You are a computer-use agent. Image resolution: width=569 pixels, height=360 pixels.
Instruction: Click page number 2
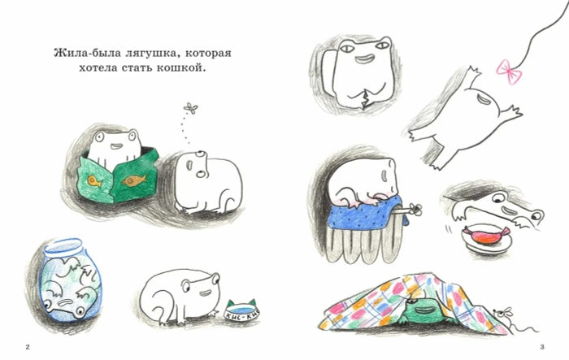28,348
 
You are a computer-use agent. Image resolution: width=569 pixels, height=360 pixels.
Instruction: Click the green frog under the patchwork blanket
422,309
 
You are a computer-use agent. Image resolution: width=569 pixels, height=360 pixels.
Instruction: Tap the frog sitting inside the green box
111,147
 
